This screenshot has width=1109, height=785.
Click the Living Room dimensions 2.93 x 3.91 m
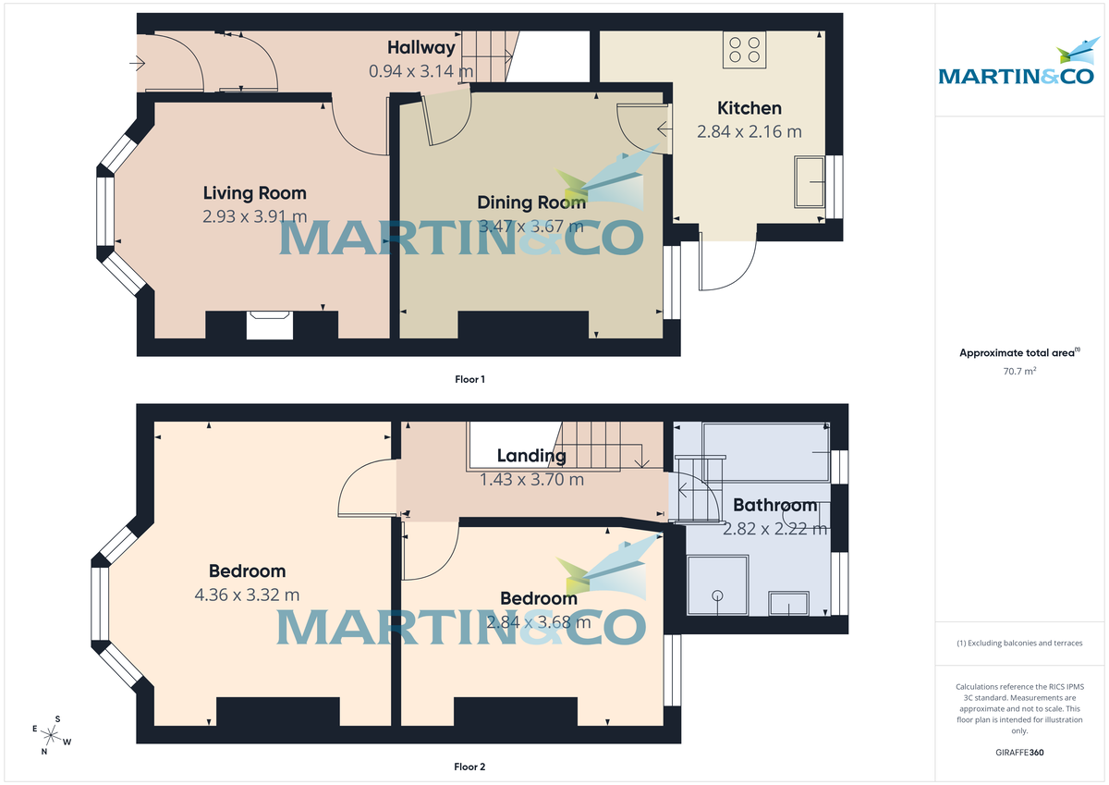click(254, 217)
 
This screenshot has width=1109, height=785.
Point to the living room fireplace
click(270, 325)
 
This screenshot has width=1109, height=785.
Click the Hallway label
click(420, 48)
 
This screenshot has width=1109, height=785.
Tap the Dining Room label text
click(530, 202)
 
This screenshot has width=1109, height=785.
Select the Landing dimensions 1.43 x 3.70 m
click(531, 480)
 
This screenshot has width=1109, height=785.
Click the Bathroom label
click(774, 505)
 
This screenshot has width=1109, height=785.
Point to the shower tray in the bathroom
click(717, 584)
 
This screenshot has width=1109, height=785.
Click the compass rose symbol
click(51, 735)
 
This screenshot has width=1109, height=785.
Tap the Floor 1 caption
click(469, 379)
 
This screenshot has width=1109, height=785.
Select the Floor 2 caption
click(469, 767)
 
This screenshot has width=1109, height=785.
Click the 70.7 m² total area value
click(1019, 371)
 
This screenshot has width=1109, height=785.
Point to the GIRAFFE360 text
click(1019, 753)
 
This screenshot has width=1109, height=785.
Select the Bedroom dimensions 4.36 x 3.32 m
click(247, 595)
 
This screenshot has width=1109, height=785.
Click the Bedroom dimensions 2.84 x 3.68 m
click(538, 622)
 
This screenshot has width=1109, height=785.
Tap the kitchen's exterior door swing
click(729, 264)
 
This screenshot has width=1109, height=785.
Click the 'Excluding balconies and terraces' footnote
click(1019, 643)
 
